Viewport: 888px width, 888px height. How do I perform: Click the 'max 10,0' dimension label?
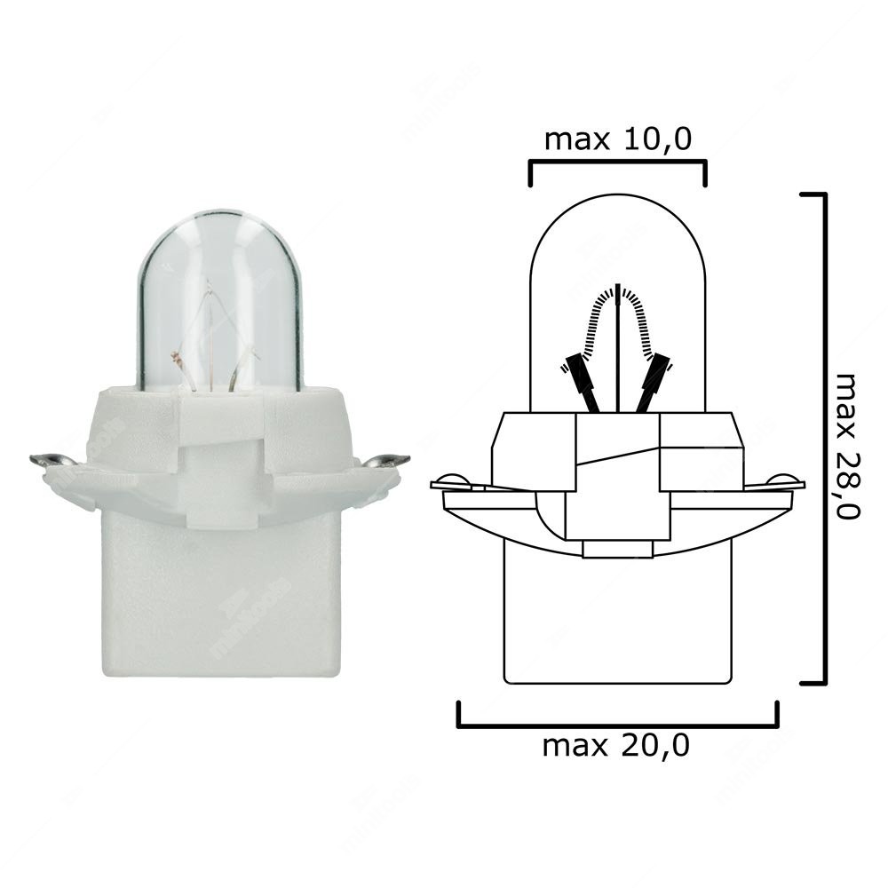point(617,139)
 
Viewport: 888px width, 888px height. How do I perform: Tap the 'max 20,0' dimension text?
point(616,746)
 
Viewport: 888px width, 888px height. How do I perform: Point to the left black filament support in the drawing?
point(582,382)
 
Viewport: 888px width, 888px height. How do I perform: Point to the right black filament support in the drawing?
point(654,382)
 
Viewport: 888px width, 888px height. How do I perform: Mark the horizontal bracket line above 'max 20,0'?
point(617,726)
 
